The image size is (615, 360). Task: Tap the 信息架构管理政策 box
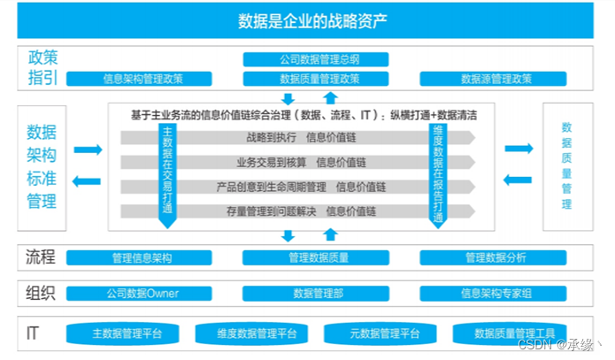[x=142, y=79]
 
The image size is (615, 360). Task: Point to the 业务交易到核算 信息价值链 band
[x=301, y=162]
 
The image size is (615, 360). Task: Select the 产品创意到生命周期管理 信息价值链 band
[x=301, y=187]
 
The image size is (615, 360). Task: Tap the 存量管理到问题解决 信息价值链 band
[x=301, y=211]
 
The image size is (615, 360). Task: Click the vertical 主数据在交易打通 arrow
[x=167, y=172]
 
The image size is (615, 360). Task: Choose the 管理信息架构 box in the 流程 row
[x=142, y=257]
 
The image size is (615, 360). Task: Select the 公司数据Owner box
[x=142, y=293]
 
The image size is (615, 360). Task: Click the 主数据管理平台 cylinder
[x=127, y=333]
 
